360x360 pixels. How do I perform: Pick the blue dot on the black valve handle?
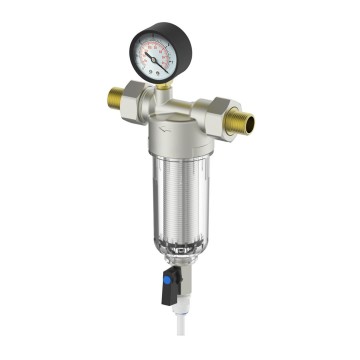(159, 296)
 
